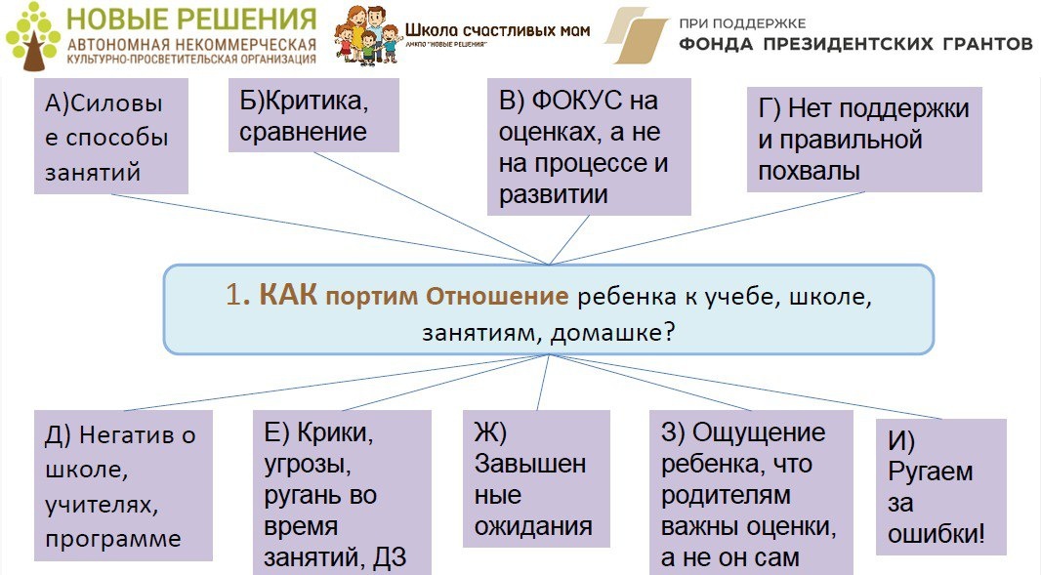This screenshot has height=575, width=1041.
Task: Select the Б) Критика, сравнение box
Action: click(x=313, y=115)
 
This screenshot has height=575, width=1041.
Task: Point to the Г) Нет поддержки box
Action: click(x=863, y=140)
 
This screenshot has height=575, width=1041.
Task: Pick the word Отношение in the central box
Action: click(x=498, y=296)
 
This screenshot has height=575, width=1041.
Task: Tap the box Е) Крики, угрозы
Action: click(x=341, y=493)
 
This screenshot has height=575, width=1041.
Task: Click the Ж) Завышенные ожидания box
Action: click(x=535, y=478)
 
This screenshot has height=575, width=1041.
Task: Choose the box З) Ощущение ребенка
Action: click(x=750, y=493)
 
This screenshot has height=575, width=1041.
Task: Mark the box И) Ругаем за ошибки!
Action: click(x=939, y=486)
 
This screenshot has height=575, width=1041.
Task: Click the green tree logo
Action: click(x=32, y=37)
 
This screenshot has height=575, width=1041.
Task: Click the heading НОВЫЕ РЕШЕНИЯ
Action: click(x=191, y=19)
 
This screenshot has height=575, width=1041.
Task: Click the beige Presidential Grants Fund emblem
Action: click(x=636, y=37)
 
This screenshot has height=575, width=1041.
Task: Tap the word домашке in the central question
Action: click(x=606, y=332)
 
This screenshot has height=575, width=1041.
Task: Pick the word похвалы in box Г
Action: click(x=809, y=171)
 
